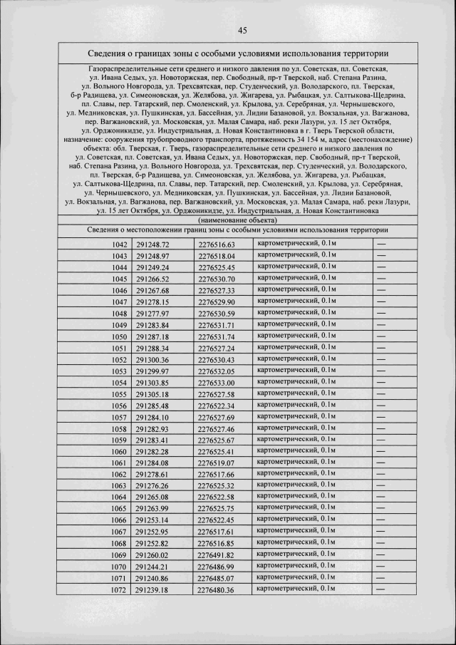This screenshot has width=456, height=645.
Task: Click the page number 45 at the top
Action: tap(242, 31)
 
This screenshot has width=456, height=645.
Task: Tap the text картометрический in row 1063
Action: tap(288, 485)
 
